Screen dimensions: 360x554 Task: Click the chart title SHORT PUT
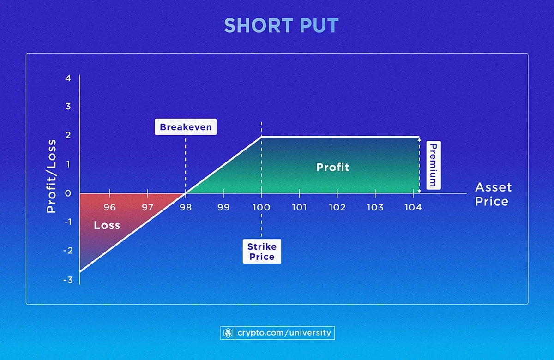coord(281,26)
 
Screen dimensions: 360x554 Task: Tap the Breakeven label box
coord(185,127)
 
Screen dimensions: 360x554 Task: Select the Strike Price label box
coord(262,252)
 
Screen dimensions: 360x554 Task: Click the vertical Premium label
coord(433,165)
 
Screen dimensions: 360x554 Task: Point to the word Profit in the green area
coord(333,167)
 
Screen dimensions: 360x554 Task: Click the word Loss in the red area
coord(107,226)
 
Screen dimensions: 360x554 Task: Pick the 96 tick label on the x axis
coord(109,207)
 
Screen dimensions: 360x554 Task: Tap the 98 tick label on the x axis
coord(186,207)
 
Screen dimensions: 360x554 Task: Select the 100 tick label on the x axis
coord(261,207)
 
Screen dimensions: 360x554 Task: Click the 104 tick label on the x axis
coord(413,207)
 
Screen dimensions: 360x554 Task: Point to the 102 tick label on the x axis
coord(337,207)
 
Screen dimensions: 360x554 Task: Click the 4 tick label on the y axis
coord(68,78)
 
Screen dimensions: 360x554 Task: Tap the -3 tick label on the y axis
coord(67,279)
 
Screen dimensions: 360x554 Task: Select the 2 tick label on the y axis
coord(68,136)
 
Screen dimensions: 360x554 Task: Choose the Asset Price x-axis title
coord(493,194)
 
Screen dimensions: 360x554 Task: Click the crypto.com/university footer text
coord(284,333)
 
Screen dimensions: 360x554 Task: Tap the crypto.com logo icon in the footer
coord(228,333)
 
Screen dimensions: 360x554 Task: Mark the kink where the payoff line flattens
coord(262,137)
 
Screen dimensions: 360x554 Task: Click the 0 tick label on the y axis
coord(68,193)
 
